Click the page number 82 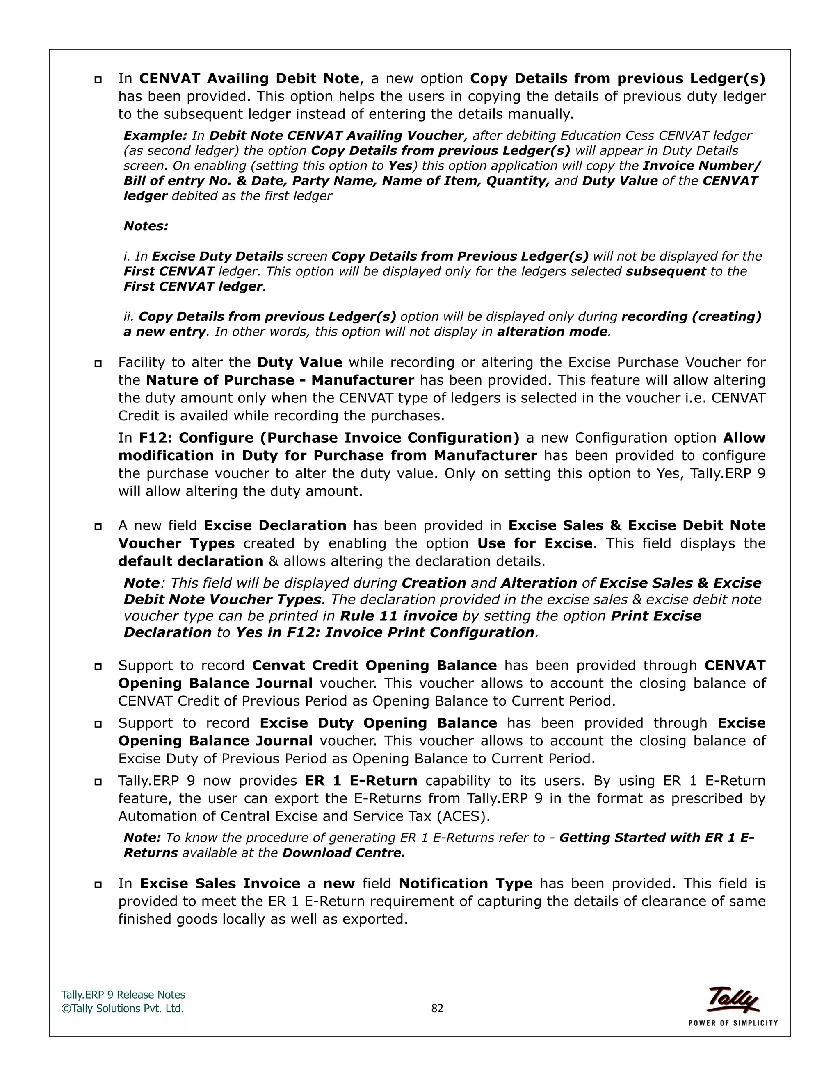point(437,1009)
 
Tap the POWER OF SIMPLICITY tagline point(733,1023)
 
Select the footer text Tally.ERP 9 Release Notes point(123,995)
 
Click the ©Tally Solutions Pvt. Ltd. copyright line point(122,1009)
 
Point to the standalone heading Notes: point(146,226)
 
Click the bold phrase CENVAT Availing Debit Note point(249,79)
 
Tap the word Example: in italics point(155,136)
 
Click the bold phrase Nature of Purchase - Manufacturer point(280,380)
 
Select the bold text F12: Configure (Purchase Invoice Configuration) point(329,438)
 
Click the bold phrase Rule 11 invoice point(398,616)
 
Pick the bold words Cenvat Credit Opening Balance point(374,666)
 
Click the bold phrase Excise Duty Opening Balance point(378,723)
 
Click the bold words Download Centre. point(343,853)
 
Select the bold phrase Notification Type point(465,884)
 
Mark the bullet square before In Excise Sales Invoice point(98,885)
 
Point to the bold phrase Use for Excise point(534,543)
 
